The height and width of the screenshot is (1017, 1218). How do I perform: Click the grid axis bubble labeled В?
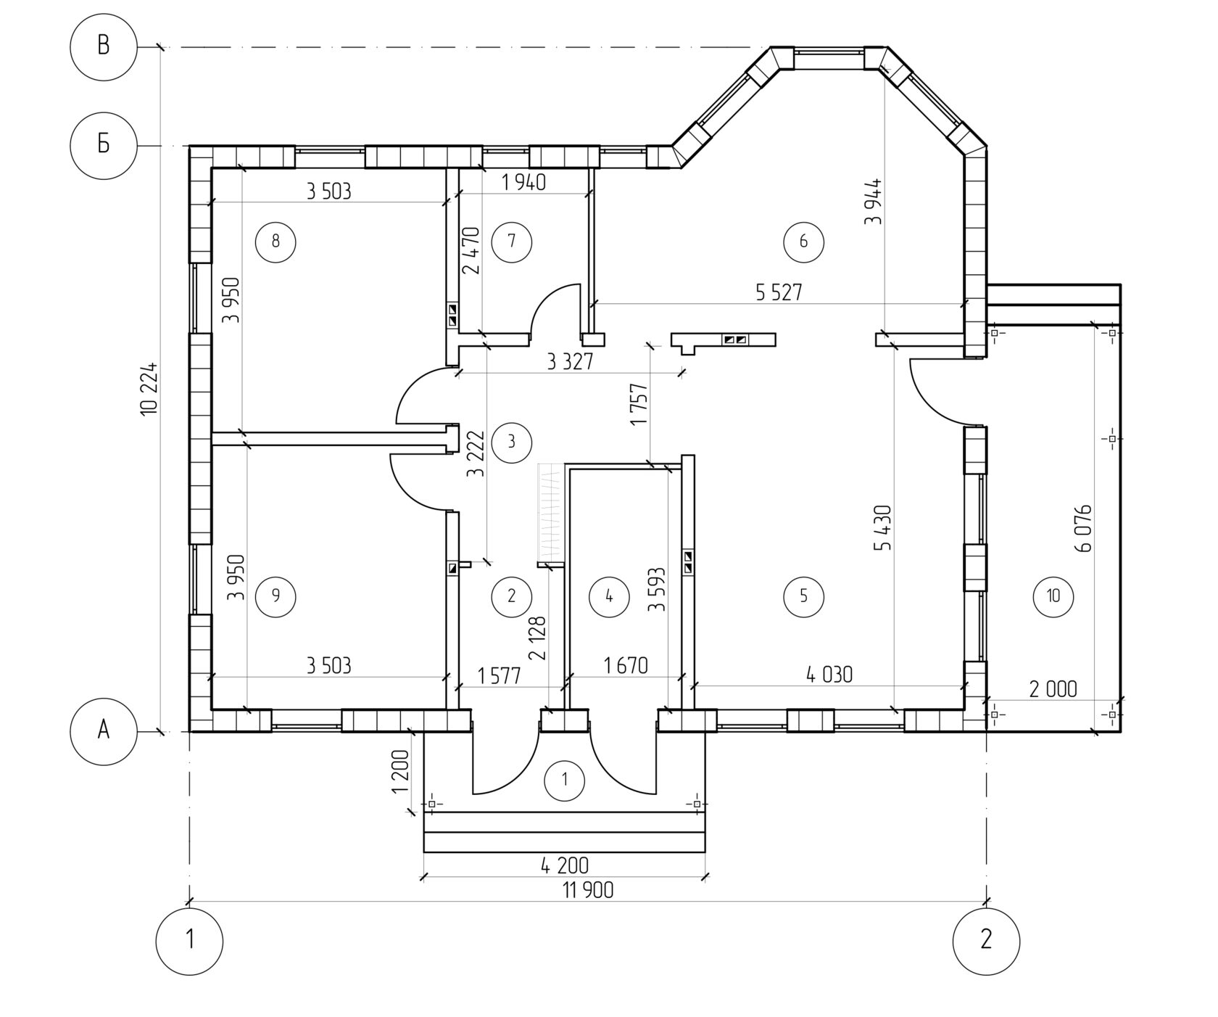[103, 47]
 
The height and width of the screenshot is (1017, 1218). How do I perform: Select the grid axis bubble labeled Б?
[103, 145]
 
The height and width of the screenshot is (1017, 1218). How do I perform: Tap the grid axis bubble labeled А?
[103, 730]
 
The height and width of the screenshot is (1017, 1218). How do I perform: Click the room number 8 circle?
[275, 240]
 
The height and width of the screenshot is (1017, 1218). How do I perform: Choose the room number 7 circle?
[512, 240]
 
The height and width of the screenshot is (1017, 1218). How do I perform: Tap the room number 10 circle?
[1053, 596]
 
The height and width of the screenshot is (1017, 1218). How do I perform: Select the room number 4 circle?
[609, 596]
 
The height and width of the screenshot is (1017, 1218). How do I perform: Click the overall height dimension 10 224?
[149, 389]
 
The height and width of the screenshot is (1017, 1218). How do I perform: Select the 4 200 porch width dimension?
[565, 865]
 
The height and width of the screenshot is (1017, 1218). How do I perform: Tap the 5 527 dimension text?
[779, 292]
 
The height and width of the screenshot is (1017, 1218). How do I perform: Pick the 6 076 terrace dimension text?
[1084, 528]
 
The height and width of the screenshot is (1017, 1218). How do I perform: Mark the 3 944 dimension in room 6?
[874, 201]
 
